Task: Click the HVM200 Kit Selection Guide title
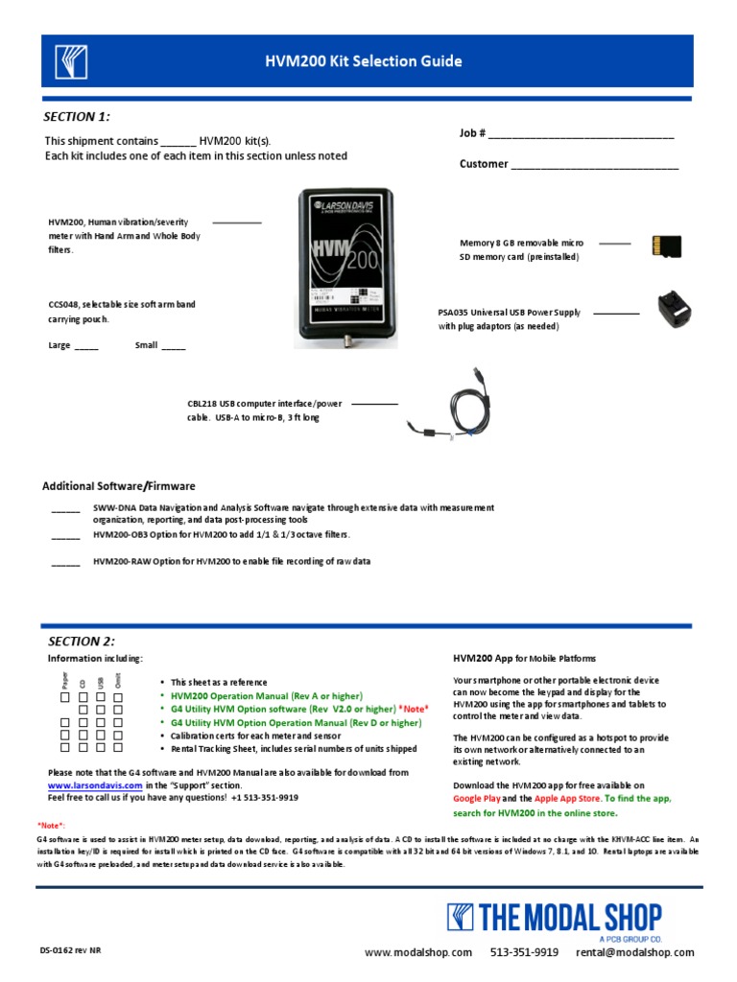coord(364,62)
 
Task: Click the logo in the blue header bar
coord(71,62)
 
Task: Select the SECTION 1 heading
coord(77,117)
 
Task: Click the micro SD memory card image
coord(666,246)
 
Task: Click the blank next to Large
coord(86,347)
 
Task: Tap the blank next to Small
coord(174,347)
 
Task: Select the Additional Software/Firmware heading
coord(118,485)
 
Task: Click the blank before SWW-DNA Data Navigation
coord(65,510)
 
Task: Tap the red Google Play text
coord(476,798)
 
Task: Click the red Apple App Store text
coord(568,798)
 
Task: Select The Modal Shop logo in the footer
coord(555,918)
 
